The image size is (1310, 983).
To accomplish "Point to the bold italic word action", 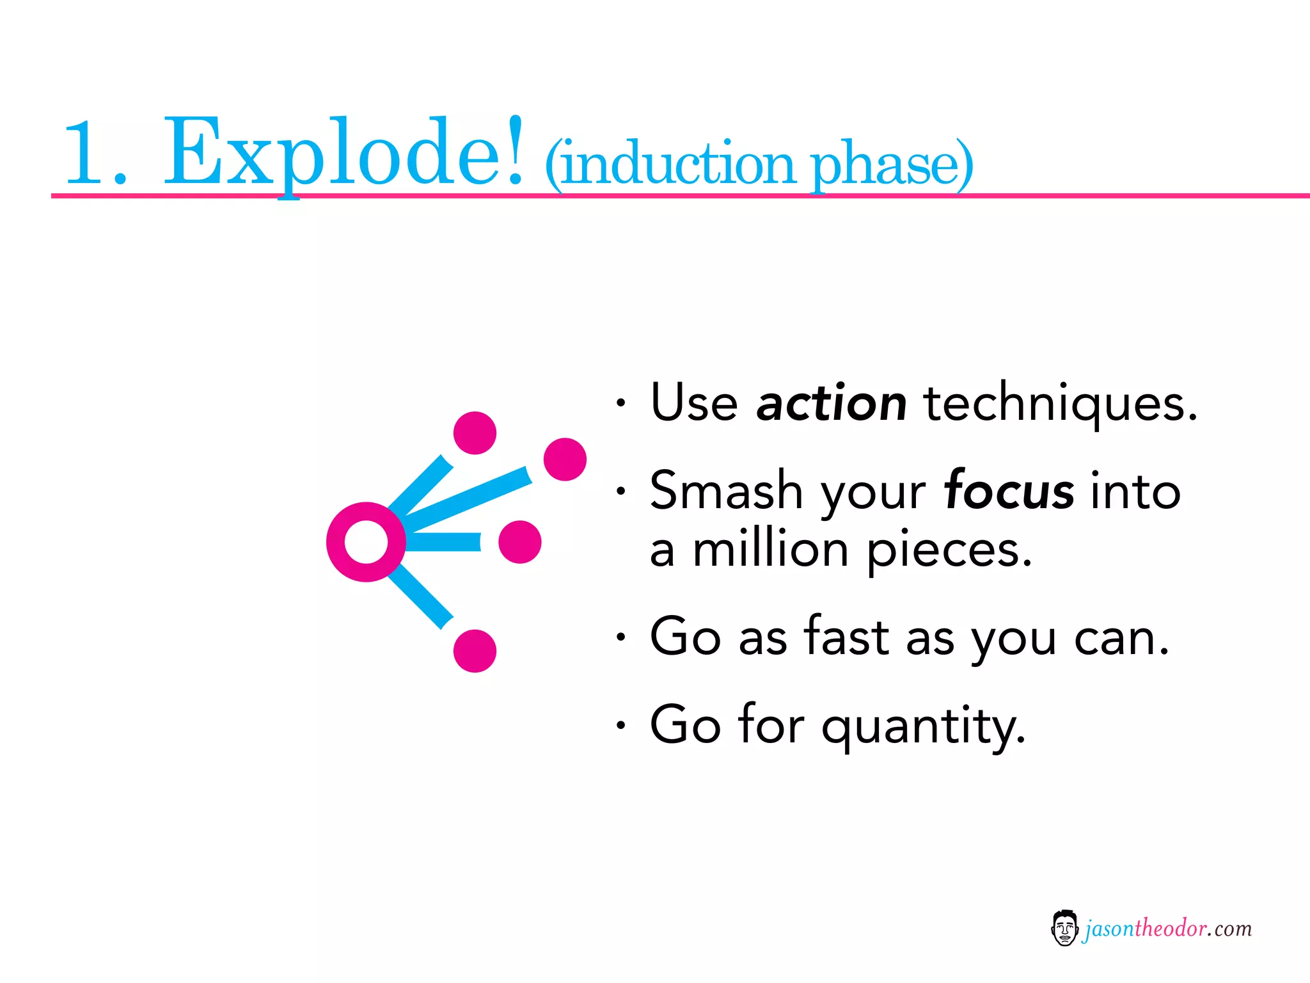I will click(831, 403).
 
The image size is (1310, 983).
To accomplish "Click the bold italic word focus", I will click(1009, 491).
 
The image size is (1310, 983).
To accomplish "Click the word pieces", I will click(949, 550).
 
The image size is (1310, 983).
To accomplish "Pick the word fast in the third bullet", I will click(846, 636).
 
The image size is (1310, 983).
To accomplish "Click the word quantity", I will click(924, 726).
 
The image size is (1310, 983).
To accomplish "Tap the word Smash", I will click(727, 490).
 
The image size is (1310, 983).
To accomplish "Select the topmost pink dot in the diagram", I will click(475, 433).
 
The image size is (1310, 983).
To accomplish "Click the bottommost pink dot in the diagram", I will click(475, 651).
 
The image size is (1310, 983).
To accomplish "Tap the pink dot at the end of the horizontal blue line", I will click(519, 542).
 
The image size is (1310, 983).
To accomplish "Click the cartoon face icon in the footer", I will click(1064, 928).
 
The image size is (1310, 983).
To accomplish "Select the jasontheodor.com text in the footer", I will click(1168, 929).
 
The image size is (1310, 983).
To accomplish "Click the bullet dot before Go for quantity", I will click(620, 724).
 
